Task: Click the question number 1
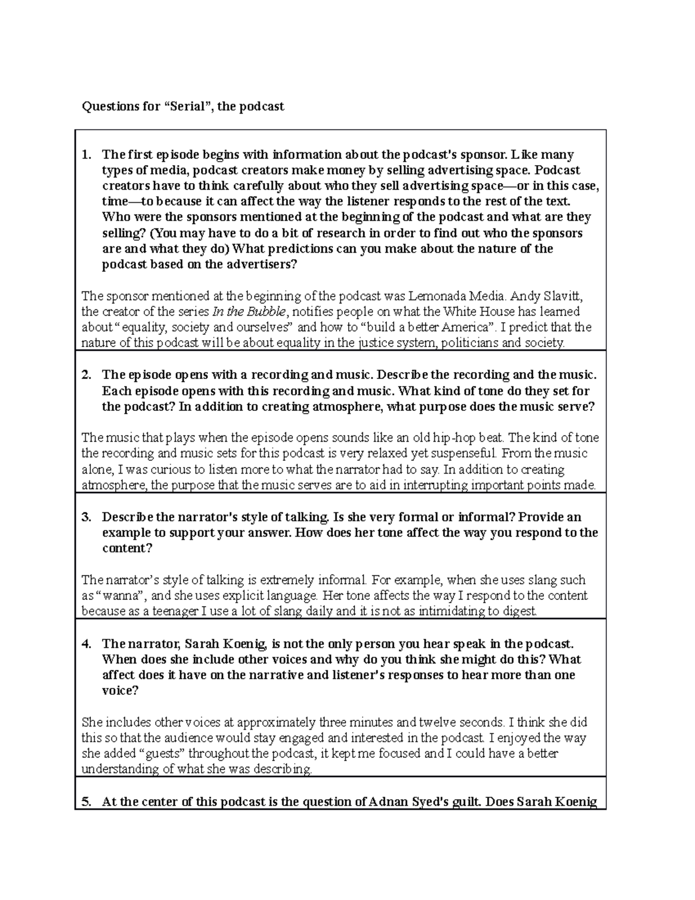pos(86,155)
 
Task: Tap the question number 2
pos(86,374)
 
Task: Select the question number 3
pos(86,517)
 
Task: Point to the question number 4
pos(86,644)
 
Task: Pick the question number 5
pos(86,802)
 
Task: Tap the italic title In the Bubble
pos(250,312)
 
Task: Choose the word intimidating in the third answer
pos(437,611)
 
